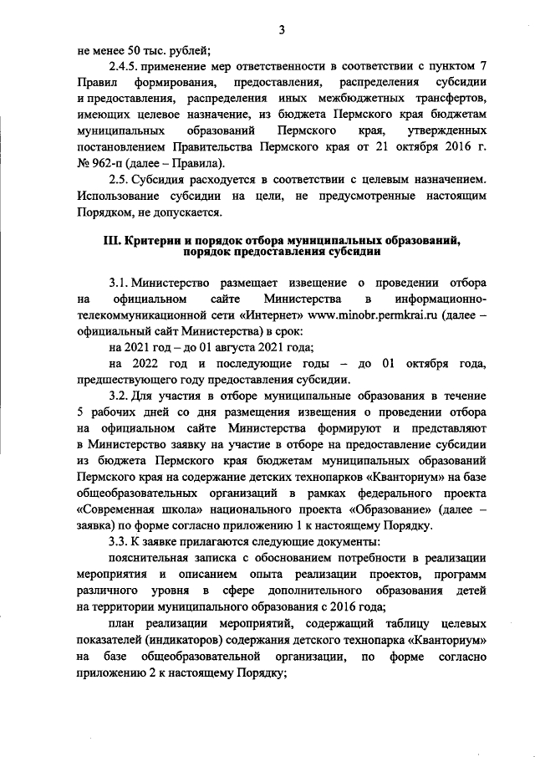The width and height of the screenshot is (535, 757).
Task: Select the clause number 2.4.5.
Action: point(125,67)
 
